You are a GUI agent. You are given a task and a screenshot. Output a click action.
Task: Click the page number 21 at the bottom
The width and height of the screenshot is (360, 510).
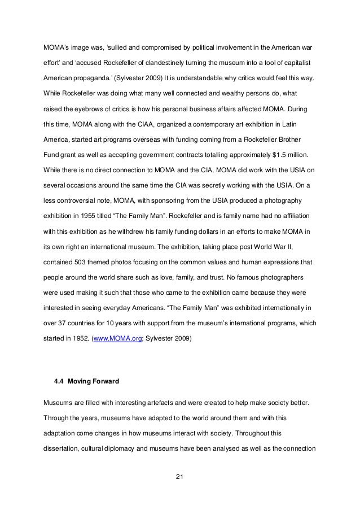coord(180,480)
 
